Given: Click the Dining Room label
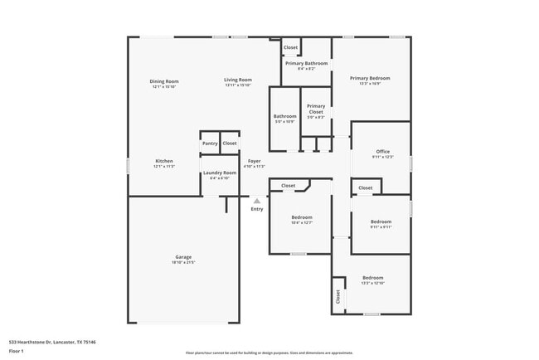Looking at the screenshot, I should (x=164, y=81).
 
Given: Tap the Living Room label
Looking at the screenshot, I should (x=237, y=81).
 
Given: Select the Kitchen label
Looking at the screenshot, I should (x=164, y=160).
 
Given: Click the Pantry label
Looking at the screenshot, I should (x=209, y=144).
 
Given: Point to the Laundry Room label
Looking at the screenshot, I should (x=219, y=173).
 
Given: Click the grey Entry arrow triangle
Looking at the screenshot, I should (x=257, y=201).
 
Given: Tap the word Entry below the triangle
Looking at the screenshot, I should (x=257, y=209).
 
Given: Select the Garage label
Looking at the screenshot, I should (x=183, y=257).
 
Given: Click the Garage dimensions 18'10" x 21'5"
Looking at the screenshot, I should (x=183, y=263).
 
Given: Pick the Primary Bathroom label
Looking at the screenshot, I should (x=307, y=63).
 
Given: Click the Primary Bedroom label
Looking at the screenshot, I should (x=370, y=78).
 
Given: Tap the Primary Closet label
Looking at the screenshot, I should (x=316, y=109).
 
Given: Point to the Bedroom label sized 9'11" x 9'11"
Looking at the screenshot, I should (x=381, y=221).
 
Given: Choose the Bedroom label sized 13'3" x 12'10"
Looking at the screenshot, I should (x=372, y=277).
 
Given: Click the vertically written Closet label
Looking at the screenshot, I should (x=338, y=296).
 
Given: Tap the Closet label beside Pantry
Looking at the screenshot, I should (x=230, y=144).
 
